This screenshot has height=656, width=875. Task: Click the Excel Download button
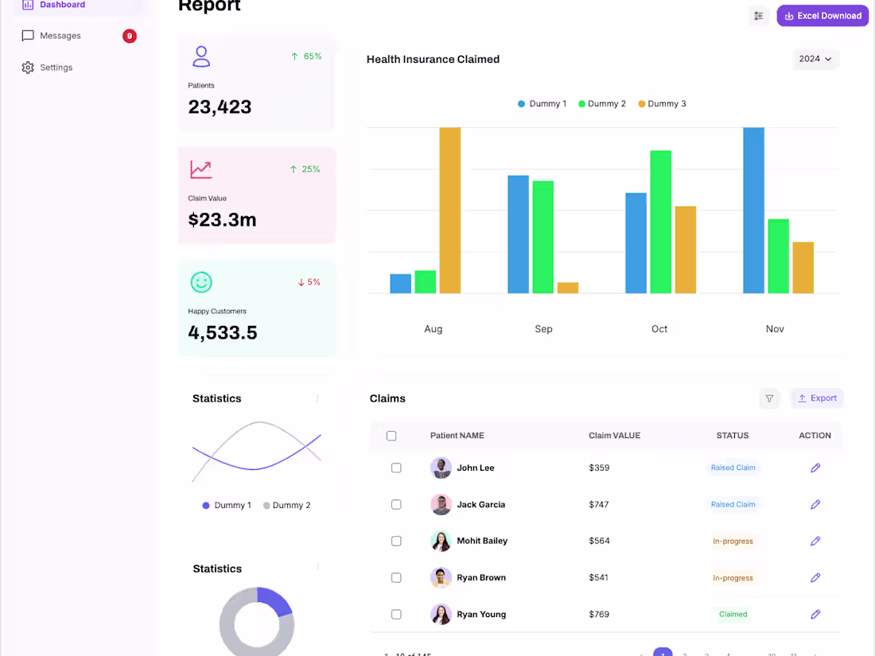coord(822,16)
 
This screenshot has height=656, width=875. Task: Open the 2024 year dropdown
coord(815,59)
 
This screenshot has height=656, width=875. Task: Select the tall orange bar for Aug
coord(449,210)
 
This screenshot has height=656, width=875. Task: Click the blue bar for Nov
coord(753,210)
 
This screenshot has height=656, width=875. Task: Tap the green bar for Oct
coord(660,222)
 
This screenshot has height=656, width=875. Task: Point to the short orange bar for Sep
coord(568,288)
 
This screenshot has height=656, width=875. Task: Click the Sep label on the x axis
coord(543,329)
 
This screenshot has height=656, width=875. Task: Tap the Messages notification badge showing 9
coord(130,36)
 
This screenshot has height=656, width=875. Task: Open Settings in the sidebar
coord(56,68)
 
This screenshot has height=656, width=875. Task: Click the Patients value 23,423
coord(220,107)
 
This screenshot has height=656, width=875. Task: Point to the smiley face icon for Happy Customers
coord(201,282)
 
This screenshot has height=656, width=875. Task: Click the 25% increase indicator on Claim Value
coord(305,169)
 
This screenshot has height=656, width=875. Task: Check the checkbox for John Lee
coord(396,468)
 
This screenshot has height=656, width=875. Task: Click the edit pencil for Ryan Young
coord(815,615)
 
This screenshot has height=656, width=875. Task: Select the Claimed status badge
coord(733,615)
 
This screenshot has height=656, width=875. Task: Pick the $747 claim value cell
coord(599,505)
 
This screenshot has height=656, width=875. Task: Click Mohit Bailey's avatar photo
coord(441,541)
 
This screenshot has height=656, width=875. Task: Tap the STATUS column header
coord(732,436)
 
